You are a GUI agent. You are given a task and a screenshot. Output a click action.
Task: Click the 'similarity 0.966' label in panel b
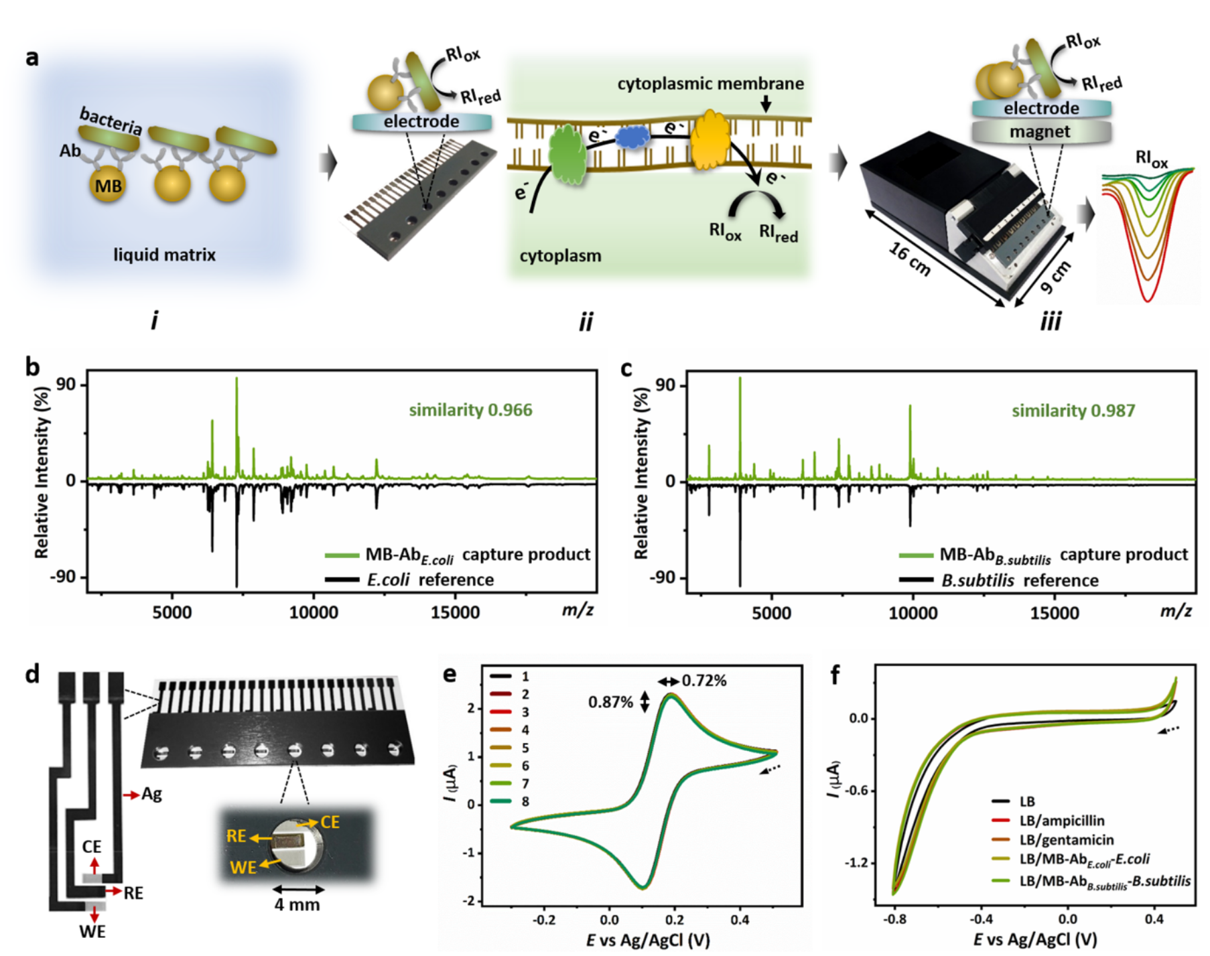click(x=470, y=410)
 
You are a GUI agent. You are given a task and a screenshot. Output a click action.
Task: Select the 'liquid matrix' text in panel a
click(x=164, y=255)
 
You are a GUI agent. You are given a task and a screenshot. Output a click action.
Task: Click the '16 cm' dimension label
click(x=909, y=259)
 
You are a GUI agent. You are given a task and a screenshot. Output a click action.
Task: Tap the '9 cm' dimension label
click(x=1056, y=277)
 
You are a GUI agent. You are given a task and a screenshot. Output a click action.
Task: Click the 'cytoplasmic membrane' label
click(x=710, y=84)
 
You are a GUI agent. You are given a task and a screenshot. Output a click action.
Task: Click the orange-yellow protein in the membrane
click(x=710, y=139)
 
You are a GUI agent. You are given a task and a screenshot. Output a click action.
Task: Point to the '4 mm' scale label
click(x=297, y=904)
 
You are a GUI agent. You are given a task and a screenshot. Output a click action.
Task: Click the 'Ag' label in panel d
click(x=151, y=795)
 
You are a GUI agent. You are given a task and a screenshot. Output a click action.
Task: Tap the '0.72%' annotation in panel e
click(x=703, y=681)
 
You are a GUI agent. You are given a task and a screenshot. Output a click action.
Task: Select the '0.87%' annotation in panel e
click(x=610, y=702)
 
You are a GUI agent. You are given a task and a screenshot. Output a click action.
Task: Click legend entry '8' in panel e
click(x=525, y=801)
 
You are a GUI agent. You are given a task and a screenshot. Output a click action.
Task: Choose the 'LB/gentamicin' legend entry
click(x=1067, y=840)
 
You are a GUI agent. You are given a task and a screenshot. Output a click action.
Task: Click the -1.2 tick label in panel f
click(x=857, y=862)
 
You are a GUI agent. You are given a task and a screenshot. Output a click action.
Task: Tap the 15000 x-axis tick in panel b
click(x=455, y=612)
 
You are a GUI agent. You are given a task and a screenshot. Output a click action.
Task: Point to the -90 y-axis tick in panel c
click(x=663, y=577)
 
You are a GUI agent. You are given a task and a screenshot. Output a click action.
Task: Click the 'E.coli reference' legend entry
click(x=429, y=579)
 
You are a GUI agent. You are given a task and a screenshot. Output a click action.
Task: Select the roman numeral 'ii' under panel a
click(x=586, y=322)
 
